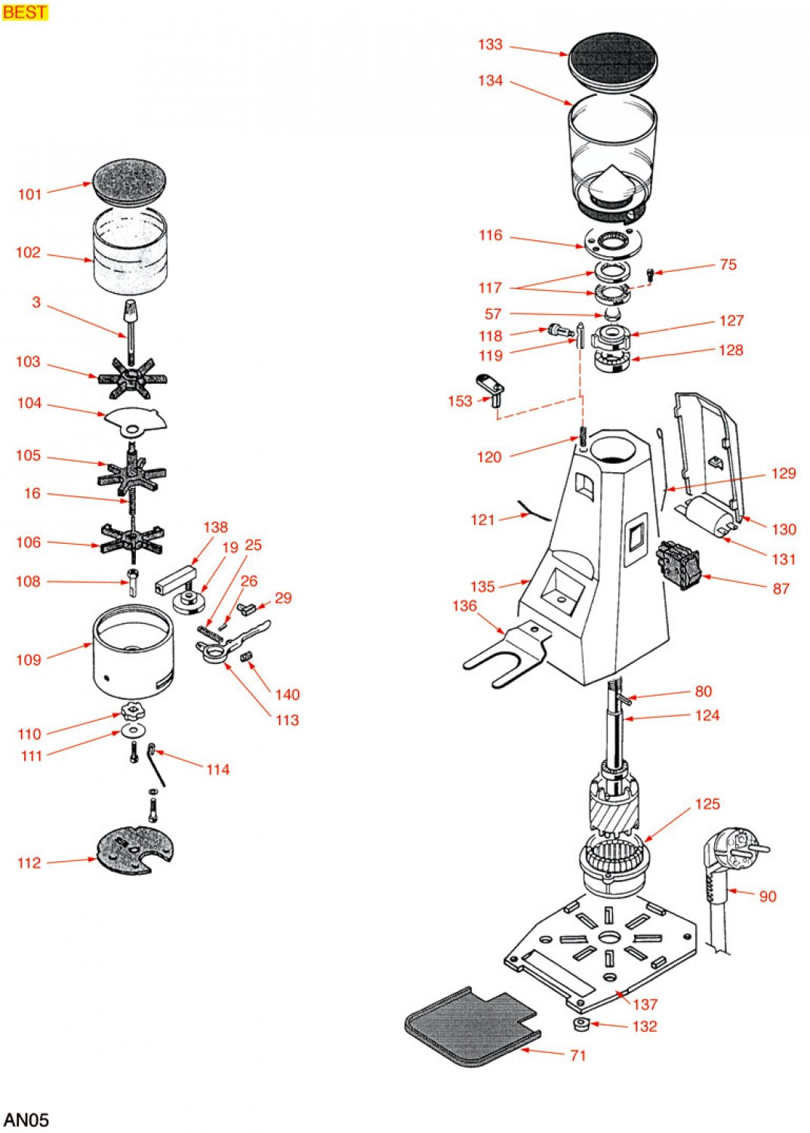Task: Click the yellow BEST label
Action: [25, 12]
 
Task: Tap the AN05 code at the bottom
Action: [26, 1119]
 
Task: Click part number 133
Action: [490, 45]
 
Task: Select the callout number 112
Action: [29, 863]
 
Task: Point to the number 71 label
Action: [578, 1055]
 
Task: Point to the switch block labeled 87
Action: [679, 564]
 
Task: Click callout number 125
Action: [707, 804]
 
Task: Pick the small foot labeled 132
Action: [581, 1024]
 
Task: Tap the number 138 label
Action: [215, 527]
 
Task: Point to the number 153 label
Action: [460, 401]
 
